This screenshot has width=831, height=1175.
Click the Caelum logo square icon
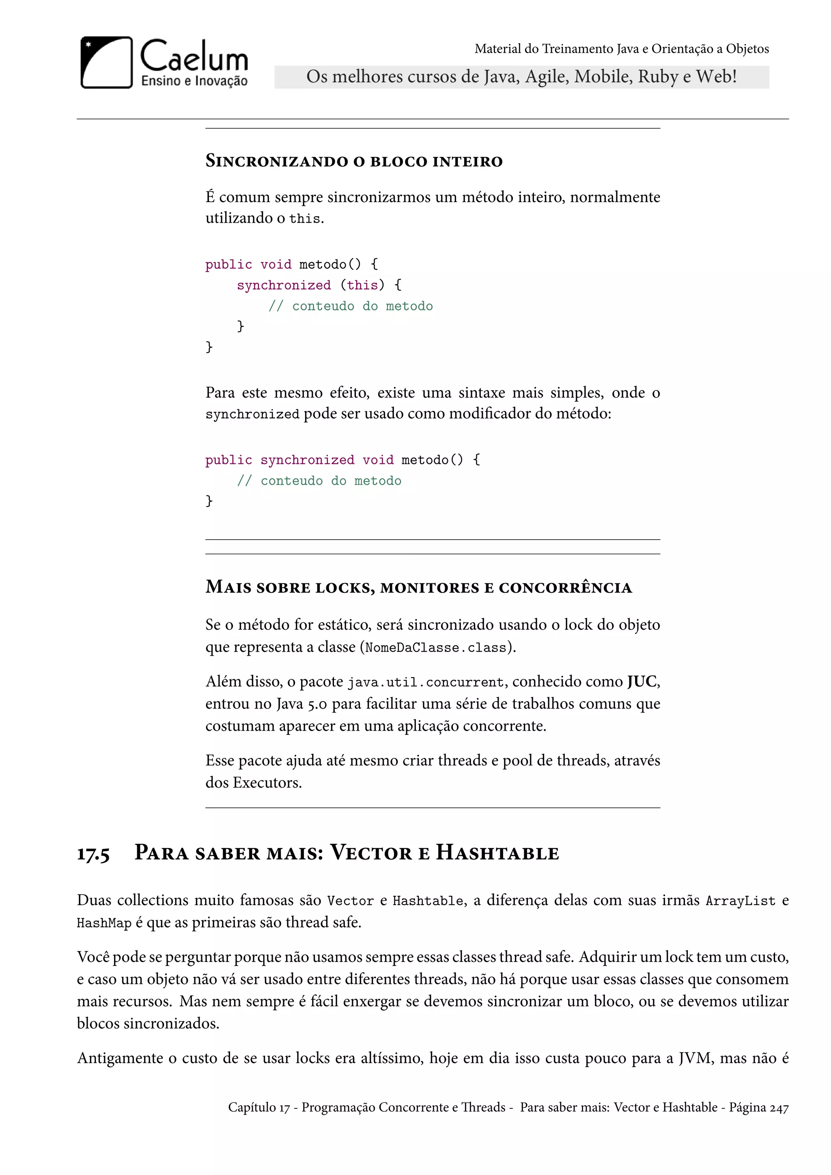tap(106, 62)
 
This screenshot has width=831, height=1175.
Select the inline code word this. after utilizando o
tap(306, 219)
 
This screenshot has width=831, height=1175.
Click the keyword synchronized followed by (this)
tap(284, 285)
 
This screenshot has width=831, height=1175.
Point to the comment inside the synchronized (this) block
tap(351, 306)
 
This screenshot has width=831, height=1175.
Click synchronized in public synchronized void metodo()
tap(307, 460)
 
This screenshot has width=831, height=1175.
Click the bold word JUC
tap(642, 682)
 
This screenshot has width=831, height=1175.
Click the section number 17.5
tap(93, 854)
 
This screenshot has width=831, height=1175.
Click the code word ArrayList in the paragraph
tap(741, 901)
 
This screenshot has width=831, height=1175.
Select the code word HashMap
tap(104, 923)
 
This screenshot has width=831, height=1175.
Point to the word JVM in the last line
tap(695, 1058)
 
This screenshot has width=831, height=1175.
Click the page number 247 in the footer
tap(779, 1108)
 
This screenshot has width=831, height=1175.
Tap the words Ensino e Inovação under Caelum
tap(194, 81)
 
